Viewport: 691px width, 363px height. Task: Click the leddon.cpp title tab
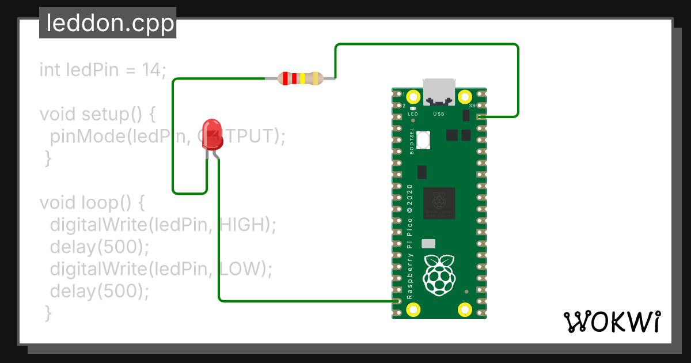coord(108,24)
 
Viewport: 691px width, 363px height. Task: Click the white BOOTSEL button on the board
coord(423,139)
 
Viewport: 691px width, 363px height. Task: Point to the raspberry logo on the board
coord(439,274)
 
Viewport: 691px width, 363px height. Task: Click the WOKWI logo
coord(612,322)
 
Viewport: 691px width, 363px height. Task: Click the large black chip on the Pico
coord(439,203)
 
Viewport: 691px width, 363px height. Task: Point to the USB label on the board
coord(439,114)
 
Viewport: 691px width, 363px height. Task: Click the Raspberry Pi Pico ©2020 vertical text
coord(410,241)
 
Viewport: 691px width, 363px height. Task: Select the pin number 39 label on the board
coord(472,107)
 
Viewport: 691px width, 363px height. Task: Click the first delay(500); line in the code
coord(99,247)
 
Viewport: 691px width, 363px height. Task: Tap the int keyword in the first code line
coord(50,70)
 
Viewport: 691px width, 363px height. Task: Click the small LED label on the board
coord(412,114)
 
